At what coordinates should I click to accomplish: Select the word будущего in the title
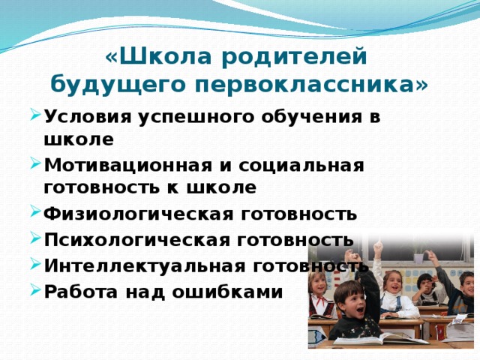click(118, 84)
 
